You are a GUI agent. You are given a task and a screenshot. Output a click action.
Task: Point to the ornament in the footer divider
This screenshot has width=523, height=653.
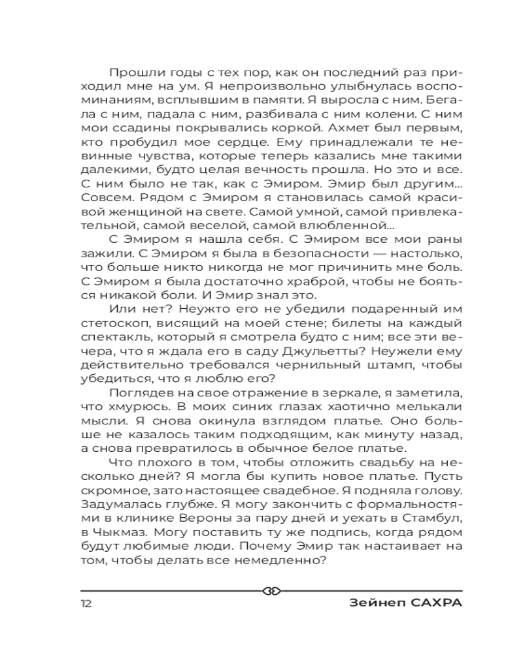[271, 590]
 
